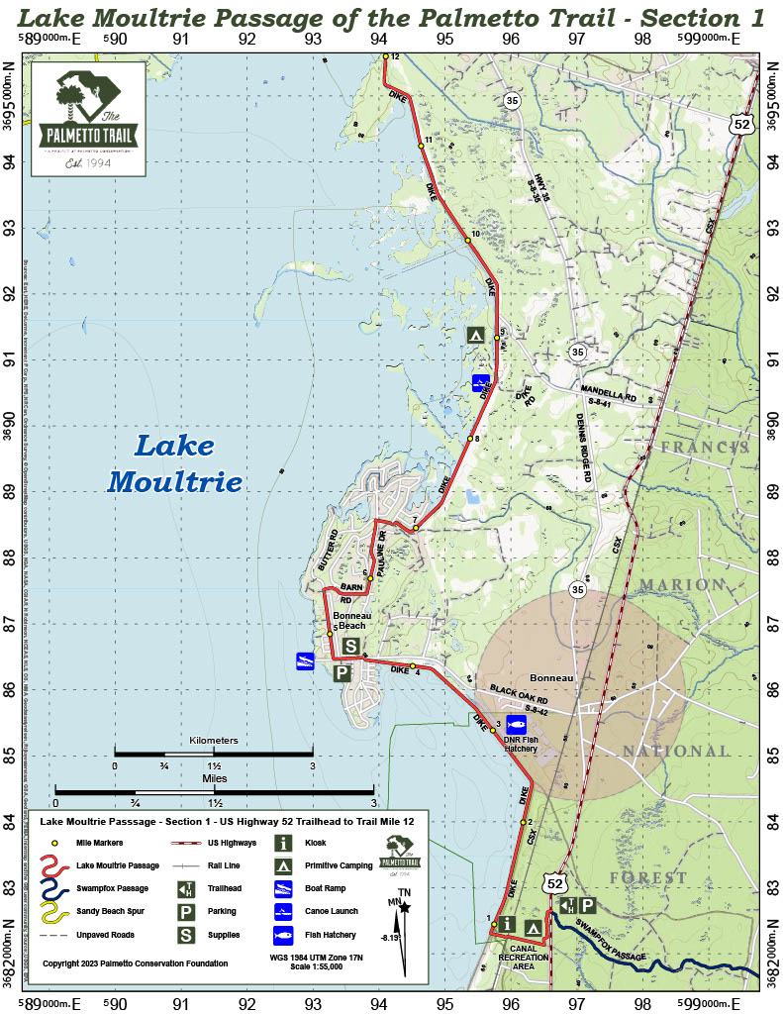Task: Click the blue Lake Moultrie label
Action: [174, 463]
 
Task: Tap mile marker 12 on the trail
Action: [386, 57]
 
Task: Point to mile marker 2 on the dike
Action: [523, 822]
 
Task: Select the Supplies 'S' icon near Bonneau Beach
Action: [350, 647]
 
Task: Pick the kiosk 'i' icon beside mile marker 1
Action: [508, 925]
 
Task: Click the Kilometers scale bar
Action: [213, 755]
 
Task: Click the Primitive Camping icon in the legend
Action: [285, 864]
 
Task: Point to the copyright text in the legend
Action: [136, 963]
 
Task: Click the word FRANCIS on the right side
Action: [706, 448]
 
